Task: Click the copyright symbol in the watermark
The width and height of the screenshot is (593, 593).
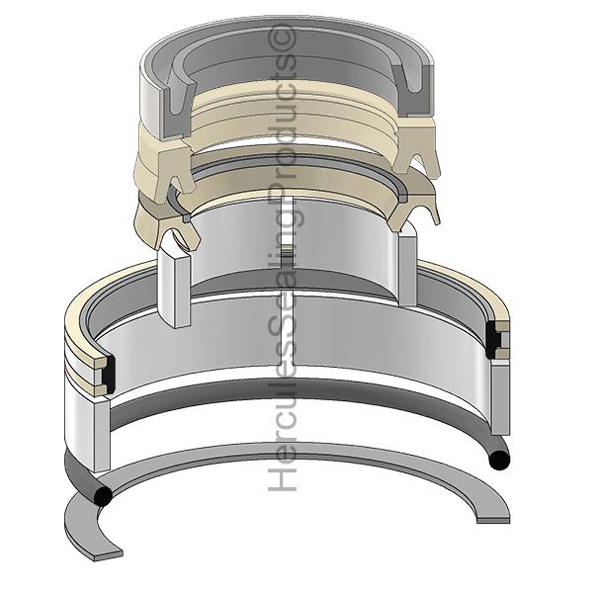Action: pos(283,38)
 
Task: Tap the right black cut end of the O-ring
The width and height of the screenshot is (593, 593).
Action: pos(499,460)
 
